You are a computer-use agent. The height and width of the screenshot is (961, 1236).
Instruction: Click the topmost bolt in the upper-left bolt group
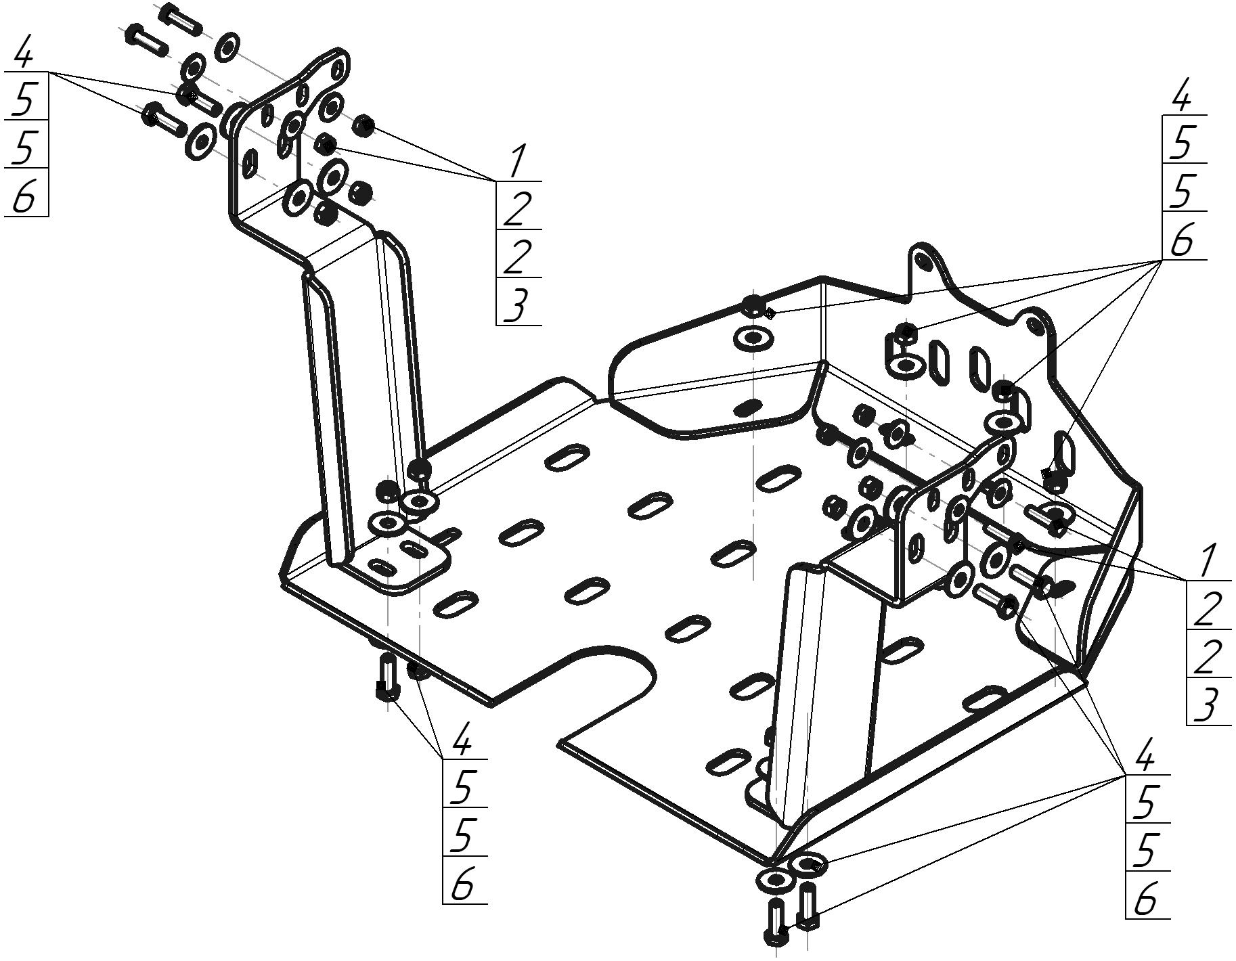(x=179, y=19)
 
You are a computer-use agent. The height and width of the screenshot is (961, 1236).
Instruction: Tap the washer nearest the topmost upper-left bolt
(x=227, y=46)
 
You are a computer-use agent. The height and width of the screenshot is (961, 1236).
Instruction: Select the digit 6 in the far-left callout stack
(x=24, y=197)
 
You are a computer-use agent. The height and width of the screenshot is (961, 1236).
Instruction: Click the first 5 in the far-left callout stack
(x=24, y=99)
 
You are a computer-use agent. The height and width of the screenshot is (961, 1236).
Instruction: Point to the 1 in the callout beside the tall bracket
(x=517, y=162)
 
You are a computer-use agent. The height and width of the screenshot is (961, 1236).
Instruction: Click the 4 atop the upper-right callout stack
(x=1181, y=99)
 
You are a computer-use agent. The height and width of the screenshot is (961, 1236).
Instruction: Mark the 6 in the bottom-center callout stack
(x=462, y=885)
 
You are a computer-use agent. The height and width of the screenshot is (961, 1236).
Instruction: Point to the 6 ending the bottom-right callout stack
(x=1145, y=901)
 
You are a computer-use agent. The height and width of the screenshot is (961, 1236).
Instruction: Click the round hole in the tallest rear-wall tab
(x=921, y=259)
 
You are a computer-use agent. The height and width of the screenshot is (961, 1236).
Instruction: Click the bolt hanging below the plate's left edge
(x=388, y=677)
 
